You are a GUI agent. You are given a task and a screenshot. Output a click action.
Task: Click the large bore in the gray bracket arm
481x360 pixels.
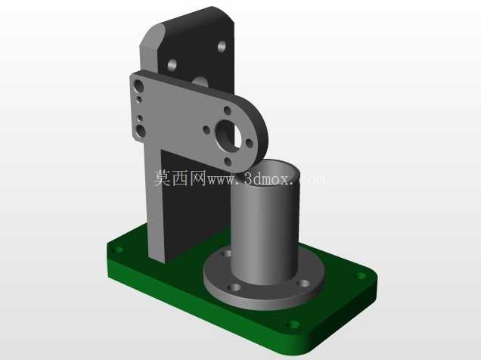pyautogui.click(x=229, y=135)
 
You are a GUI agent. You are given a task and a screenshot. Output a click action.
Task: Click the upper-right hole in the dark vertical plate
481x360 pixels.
pyautogui.click(x=222, y=46)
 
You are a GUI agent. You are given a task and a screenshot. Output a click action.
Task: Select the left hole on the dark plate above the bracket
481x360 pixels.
pyautogui.click(x=172, y=65)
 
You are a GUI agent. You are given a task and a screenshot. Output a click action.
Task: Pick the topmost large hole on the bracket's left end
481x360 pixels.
pyautogui.click(x=139, y=85)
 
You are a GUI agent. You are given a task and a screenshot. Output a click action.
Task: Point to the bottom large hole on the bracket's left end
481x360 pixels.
pyautogui.click(x=141, y=131)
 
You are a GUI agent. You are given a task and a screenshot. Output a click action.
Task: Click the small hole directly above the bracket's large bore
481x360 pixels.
pyautogui.click(x=228, y=110)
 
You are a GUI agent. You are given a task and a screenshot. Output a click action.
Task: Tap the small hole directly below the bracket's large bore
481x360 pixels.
pyautogui.click(x=228, y=161)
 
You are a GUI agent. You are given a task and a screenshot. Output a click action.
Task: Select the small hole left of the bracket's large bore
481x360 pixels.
pyautogui.click(x=206, y=130)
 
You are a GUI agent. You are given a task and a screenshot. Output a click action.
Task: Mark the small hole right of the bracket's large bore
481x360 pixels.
pyautogui.click(x=250, y=143)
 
